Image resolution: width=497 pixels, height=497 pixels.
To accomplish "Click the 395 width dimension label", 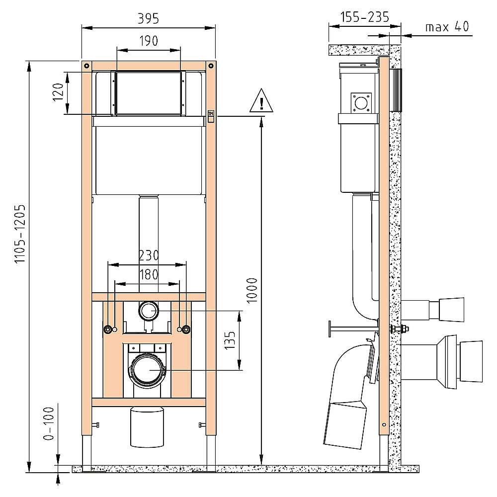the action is click(148, 19).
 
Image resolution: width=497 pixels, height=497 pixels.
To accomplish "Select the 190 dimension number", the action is click(149, 41).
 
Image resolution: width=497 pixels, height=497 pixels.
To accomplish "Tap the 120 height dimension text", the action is click(58, 92).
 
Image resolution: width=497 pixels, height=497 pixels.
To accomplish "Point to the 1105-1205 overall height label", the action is click(20, 233).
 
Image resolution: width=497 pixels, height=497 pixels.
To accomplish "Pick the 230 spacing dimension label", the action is click(149, 255).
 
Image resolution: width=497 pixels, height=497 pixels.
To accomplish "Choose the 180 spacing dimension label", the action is click(149, 274).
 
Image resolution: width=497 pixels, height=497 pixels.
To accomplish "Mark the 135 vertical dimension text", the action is click(230, 340).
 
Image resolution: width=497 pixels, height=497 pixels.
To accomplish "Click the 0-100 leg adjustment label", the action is click(49, 424).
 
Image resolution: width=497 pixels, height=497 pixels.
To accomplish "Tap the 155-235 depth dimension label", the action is click(364, 17).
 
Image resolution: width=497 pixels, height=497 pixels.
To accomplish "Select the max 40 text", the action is click(447, 27).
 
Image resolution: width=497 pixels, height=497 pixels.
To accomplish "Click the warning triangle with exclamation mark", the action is click(261, 101).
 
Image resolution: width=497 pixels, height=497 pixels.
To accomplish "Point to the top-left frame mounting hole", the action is click(87, 66).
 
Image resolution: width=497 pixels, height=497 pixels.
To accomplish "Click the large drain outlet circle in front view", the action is click(148, 370).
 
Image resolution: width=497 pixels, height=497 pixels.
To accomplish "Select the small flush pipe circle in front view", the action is click(149, 311).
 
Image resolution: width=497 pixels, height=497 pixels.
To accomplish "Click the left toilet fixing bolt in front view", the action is click(108, 330).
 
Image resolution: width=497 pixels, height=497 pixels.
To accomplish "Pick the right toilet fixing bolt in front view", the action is click(186, 330).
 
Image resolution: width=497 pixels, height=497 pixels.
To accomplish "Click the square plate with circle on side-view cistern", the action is click(361, 103).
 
